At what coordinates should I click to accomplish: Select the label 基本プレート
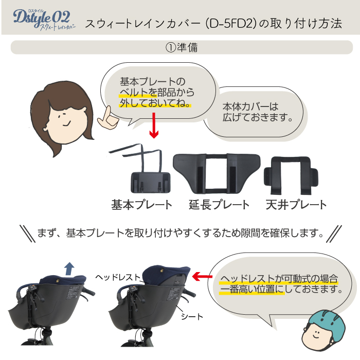(x=141, y=204)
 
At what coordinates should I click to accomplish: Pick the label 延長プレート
(x=219, y=204)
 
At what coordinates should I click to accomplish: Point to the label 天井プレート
(x=296, y=204)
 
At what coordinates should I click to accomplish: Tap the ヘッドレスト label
(x=118, y=277)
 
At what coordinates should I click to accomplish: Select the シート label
(x=192, y=316)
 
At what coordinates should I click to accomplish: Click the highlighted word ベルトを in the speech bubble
(x=135, y=93)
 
